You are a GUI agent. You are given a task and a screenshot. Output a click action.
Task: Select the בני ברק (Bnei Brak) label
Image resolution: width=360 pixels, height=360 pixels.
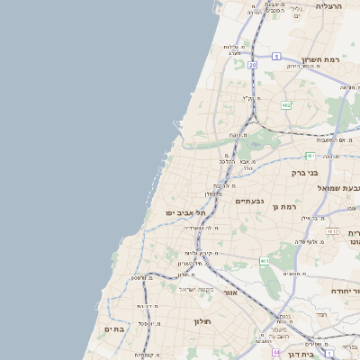pyautogui.click(x=306, y=172)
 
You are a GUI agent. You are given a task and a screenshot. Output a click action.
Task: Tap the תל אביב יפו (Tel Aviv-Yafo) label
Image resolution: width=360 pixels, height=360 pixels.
pyautogui.click(x=185, y=212)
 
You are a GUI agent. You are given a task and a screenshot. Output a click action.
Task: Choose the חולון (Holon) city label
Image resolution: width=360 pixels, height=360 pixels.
pyautogui.click(x=201, y=320)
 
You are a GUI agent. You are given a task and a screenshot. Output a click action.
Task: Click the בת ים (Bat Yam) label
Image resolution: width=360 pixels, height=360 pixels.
pyautogui.click(x=112, y=329)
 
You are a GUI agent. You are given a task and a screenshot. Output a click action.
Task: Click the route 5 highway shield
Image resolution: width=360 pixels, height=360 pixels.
pyautogui.click(x=276, y=56)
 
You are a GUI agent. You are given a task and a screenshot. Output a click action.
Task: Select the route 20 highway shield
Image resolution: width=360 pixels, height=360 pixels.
pyautogui.click(x=253, y=65)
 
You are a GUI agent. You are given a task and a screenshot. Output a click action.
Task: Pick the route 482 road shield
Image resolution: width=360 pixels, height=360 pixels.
pyautogui.click(x=286, y=105)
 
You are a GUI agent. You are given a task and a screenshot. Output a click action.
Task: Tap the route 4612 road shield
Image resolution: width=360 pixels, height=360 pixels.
pyautogui.click(x=333, y=231)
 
